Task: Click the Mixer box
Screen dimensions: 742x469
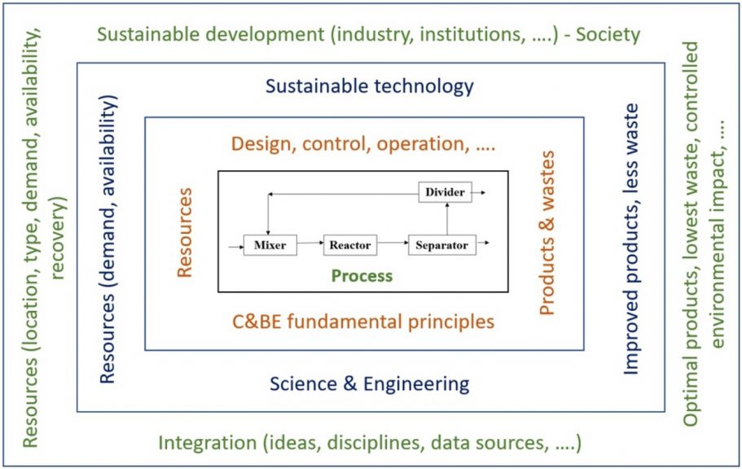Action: (x=270, y=245)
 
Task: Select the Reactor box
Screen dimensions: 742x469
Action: (x=350, y=245)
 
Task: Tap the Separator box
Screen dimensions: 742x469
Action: (x=442, y=245)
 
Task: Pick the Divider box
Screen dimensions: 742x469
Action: (x=445, y=192)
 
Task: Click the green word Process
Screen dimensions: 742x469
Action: (x=362, y=275)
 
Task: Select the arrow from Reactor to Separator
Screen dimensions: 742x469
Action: (x=393, y=243)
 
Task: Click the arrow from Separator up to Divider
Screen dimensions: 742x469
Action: (x=447, y=219)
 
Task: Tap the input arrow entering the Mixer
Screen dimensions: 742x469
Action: (x=235, y=247)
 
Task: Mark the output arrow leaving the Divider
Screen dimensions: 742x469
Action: (x=478, y=193)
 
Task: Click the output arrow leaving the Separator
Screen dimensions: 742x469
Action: (x=483, y=243)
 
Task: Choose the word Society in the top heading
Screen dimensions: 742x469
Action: (x=608, y=34)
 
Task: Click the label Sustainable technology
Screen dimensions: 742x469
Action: (x=370, y=86)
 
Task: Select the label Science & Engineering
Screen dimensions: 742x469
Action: (x=370, y=384)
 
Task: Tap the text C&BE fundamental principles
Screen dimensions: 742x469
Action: (x=363, y=322)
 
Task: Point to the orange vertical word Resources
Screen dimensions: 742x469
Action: (x=184, y=232)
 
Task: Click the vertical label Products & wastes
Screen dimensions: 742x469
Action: (x=547, y=233)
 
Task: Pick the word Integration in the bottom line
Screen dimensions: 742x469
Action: (x=207, y=443)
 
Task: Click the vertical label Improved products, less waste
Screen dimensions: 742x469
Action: (x=631, y=239)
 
